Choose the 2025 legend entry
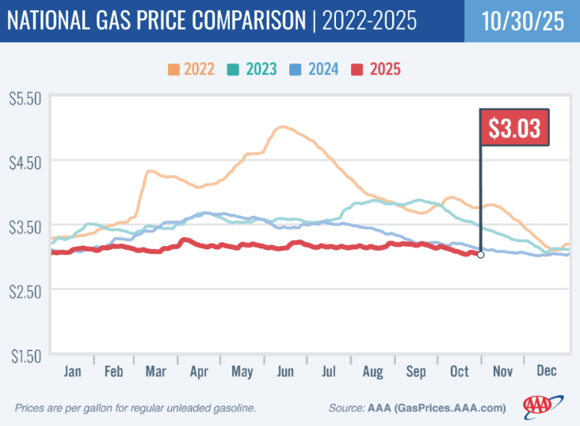[377, 69]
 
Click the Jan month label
[72, 371]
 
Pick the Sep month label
[417, 371]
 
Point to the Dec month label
[546, 371]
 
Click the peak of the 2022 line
[282, 127]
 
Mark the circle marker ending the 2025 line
[481, 255]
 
